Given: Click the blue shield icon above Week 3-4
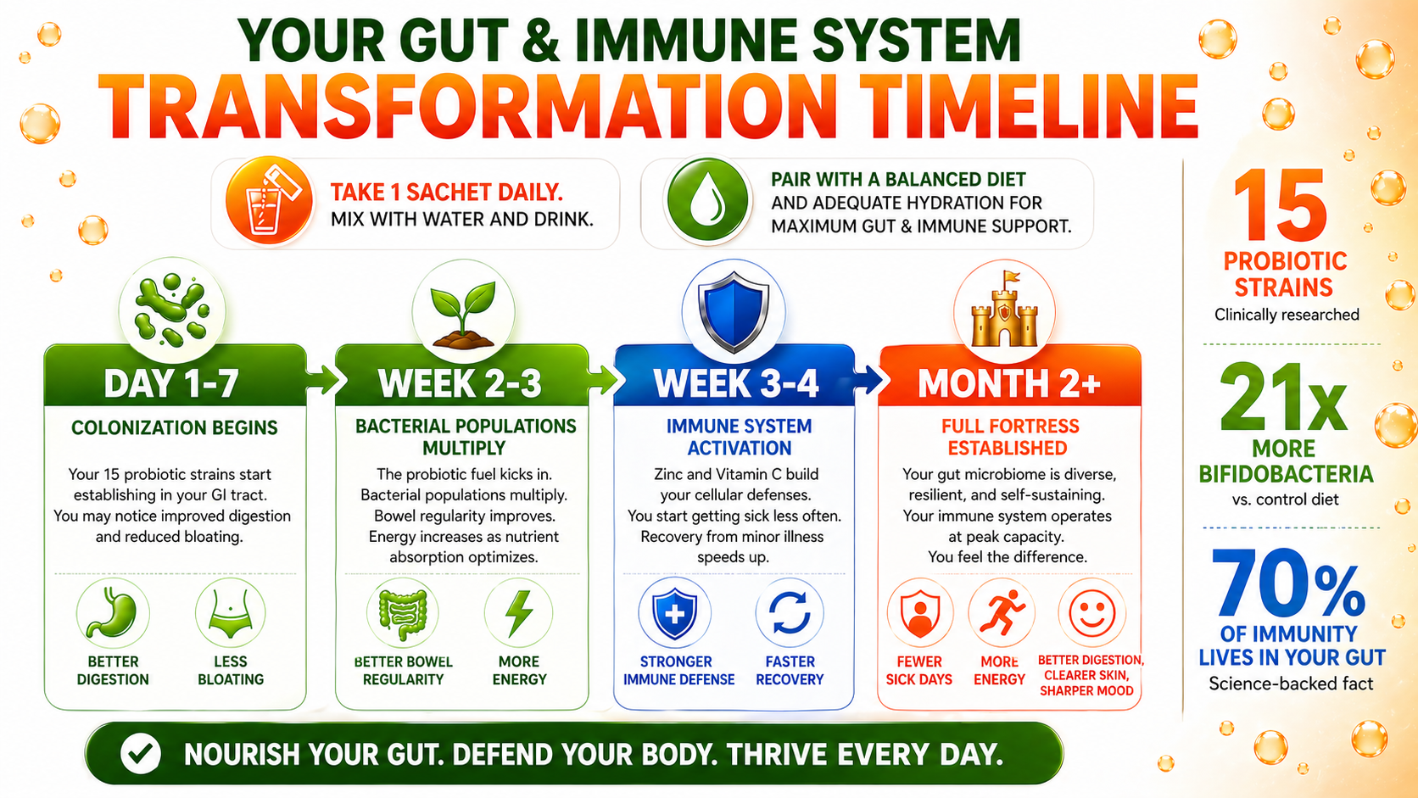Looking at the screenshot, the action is [x=733, y=310].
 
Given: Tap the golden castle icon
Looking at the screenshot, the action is [x=1004, y=310].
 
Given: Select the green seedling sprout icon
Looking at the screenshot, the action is [x=463, y=315].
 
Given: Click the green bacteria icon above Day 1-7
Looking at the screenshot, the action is [x=172, y=310].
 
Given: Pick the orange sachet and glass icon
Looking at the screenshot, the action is [x=269, y=201].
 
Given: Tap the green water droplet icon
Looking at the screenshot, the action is [x=707, y=201].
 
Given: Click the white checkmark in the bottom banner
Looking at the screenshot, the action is [x=141, y=753].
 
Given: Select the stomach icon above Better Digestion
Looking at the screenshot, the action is [x=113, y=612].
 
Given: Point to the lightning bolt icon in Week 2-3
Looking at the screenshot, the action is [x=518, y=612].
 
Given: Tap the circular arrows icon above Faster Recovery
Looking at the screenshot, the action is [x=790, y=612].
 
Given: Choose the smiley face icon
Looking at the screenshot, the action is [x=1091, y=612].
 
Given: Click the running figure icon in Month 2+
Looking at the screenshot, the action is [x=1001, y=612].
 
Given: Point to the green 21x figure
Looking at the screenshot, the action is [x=1284, y=398].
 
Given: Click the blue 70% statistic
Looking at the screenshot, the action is [x=1287, y=583].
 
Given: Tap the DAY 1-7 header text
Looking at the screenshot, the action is [x=171, y=382].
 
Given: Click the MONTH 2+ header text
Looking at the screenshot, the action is [x=1009, y=382].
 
